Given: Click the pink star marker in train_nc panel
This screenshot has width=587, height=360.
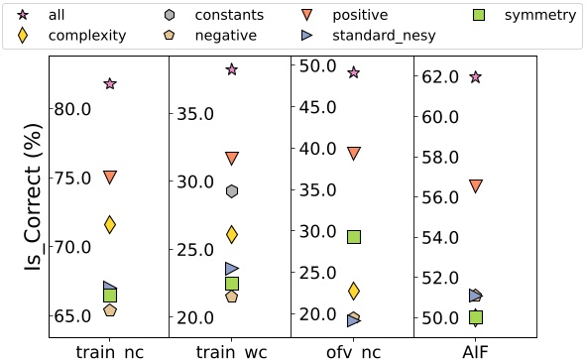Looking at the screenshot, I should [110, 84].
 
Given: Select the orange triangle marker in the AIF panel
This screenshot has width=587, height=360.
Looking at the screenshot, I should [476, 186].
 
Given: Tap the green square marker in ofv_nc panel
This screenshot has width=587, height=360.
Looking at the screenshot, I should [354, 237].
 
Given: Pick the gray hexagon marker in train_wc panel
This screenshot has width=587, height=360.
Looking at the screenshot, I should [232, 191].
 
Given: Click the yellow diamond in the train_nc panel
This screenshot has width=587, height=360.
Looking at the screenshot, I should [110, 225].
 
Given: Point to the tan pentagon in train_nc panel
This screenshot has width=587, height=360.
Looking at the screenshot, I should [110, 310].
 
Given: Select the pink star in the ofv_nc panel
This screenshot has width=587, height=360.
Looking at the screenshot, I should [354, 72].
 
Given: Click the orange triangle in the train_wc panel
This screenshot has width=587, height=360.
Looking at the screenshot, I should [232, 159].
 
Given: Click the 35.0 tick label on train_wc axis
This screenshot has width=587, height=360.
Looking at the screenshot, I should [194, 113].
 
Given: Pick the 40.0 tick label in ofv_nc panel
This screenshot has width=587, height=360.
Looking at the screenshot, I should [315, 149].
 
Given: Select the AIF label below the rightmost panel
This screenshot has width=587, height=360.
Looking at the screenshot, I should [476, 350].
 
